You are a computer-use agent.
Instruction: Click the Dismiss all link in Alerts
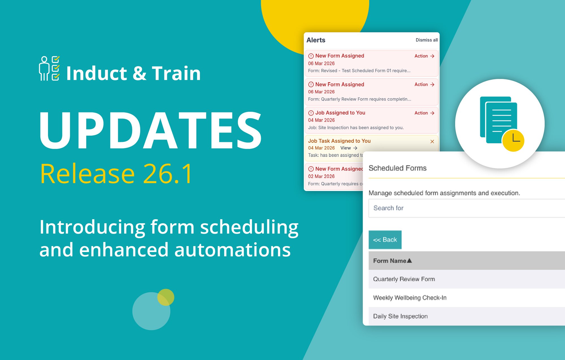[x=426, y=40]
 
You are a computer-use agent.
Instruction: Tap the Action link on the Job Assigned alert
[x=424, y=113]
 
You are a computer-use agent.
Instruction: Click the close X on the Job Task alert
[x=432, y=142]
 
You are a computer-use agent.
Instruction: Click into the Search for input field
[x=466, y=208]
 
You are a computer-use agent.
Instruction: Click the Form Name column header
[x=392, y=261]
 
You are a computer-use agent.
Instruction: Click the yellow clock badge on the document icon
[x=513, y=140]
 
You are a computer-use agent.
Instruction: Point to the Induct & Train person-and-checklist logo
[x=49, y=68]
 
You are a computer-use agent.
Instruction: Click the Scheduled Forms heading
[x=397, y=168]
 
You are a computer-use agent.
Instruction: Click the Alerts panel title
[x=316, y=40]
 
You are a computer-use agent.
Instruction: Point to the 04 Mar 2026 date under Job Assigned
[x=321, y=120]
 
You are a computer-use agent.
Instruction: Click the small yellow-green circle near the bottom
[x=166, y=297]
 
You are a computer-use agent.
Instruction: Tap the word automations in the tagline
[x=232, y=250]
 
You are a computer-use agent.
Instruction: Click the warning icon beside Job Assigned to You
[x=311, y=113]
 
